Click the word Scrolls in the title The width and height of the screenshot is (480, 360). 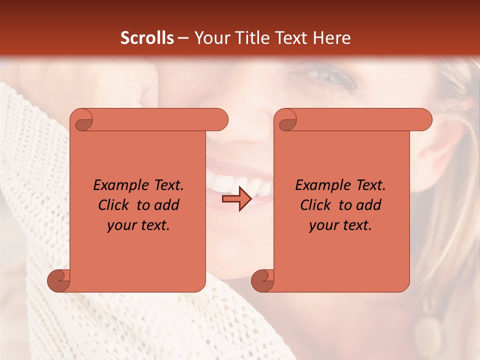coord(147,38)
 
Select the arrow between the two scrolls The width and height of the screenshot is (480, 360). coord(237,199)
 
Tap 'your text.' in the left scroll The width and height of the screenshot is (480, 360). coord(138,225)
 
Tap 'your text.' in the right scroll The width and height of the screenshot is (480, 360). coord(340,225)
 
